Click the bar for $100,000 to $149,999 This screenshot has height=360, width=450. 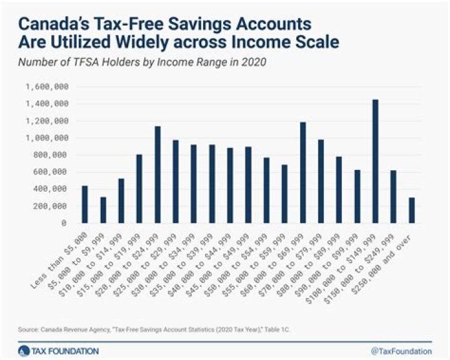(x=375, y=161)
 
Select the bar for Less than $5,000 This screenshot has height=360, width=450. (x=85, y=204)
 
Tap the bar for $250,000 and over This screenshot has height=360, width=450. (x=411, y=210)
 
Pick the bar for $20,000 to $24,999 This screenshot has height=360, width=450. (x=157, y=174)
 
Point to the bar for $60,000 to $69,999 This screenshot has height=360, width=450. (x=302, y=172)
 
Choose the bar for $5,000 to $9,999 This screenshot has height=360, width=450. (x=103, y=209)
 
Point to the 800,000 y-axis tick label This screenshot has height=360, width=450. (x=51, y=154)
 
